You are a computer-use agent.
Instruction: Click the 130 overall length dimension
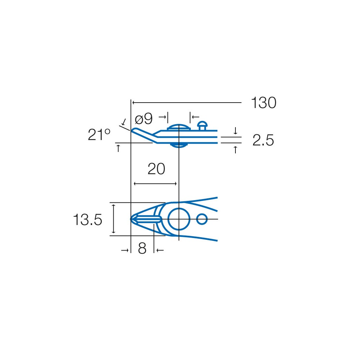coord(264,103)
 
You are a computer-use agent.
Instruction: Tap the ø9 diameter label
coord(144,119)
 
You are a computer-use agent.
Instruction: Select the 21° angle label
coord(99,135)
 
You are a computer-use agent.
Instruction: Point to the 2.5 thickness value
coord(263,140)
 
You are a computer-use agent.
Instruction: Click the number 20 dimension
coord(156,169)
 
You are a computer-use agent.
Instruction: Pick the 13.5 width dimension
coord(87,220)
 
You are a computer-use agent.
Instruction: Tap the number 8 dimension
coord(142,248)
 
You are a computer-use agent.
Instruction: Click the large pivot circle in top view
coord(179,208)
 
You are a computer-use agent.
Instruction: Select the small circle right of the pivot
coord(202,214)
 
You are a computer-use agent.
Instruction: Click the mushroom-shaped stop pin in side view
coord(202,125)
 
